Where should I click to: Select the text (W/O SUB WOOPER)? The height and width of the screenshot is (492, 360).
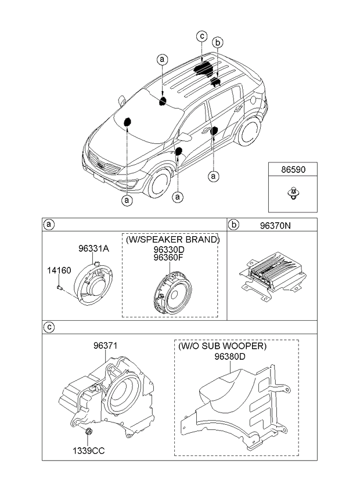222,346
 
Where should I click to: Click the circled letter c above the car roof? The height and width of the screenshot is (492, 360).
202,37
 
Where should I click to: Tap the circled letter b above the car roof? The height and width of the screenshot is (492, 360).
218,42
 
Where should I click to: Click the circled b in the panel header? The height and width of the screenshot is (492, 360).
233,225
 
